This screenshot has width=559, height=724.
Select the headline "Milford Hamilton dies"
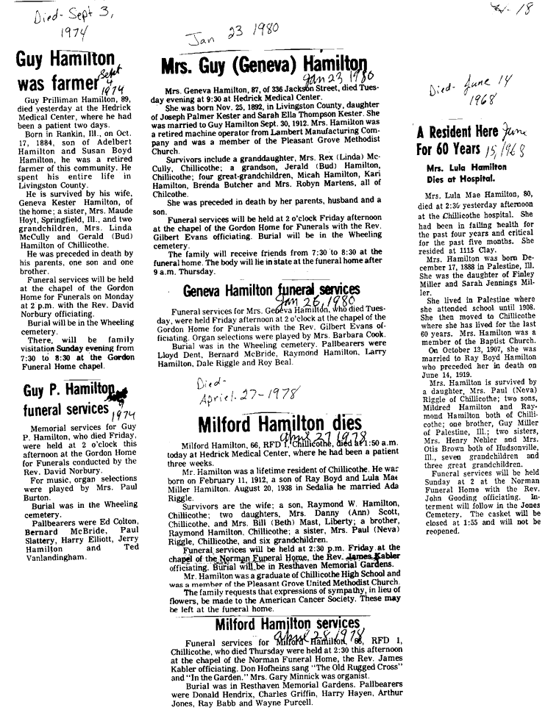point(279,424)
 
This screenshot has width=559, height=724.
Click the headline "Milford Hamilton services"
point(287,625)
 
